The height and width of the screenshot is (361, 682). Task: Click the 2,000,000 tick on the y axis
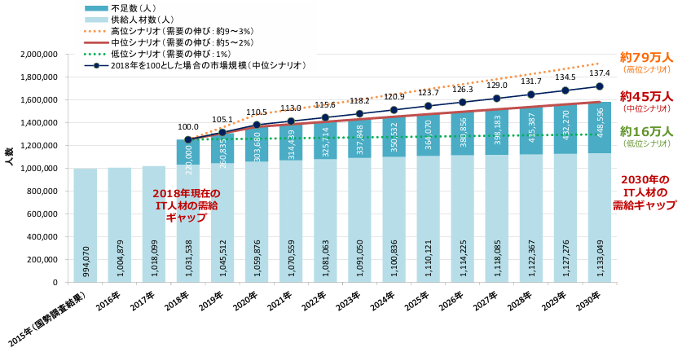[35, 55]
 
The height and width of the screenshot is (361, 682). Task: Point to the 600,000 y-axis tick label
[40, 214]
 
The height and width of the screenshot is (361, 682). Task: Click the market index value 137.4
[599, 73]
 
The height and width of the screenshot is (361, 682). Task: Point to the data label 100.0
[188, 127]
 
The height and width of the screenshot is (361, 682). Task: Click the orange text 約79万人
[645, 58]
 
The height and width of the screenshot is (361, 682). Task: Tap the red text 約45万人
[645, 96]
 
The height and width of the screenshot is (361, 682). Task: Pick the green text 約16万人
[645, 131]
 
